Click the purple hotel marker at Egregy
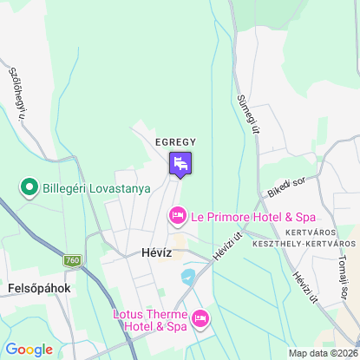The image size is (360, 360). click(180, 162)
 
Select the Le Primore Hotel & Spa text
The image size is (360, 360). click(253, 215)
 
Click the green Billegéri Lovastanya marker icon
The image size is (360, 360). click(29, 187)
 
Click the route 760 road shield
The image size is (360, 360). click(74, 260)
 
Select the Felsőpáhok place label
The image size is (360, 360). click(37, 287)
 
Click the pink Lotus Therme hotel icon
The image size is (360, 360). click(200, 320)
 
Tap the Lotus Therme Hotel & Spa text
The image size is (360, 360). click(149, 320)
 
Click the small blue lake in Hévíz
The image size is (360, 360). click(188, 278)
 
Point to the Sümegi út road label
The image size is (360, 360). click(249, 115)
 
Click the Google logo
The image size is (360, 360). click(29, 350)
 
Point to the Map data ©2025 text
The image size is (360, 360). click(322, 353)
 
